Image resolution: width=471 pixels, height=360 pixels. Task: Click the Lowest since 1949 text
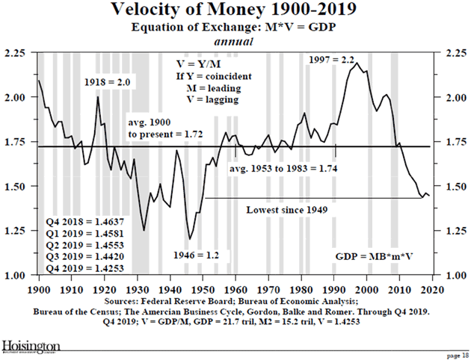(288, 210)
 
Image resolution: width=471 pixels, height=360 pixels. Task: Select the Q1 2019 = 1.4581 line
(81, 232)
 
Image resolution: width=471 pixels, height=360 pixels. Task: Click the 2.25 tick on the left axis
(16, 54)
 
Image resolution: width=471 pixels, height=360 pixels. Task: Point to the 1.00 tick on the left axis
(16, 276)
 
